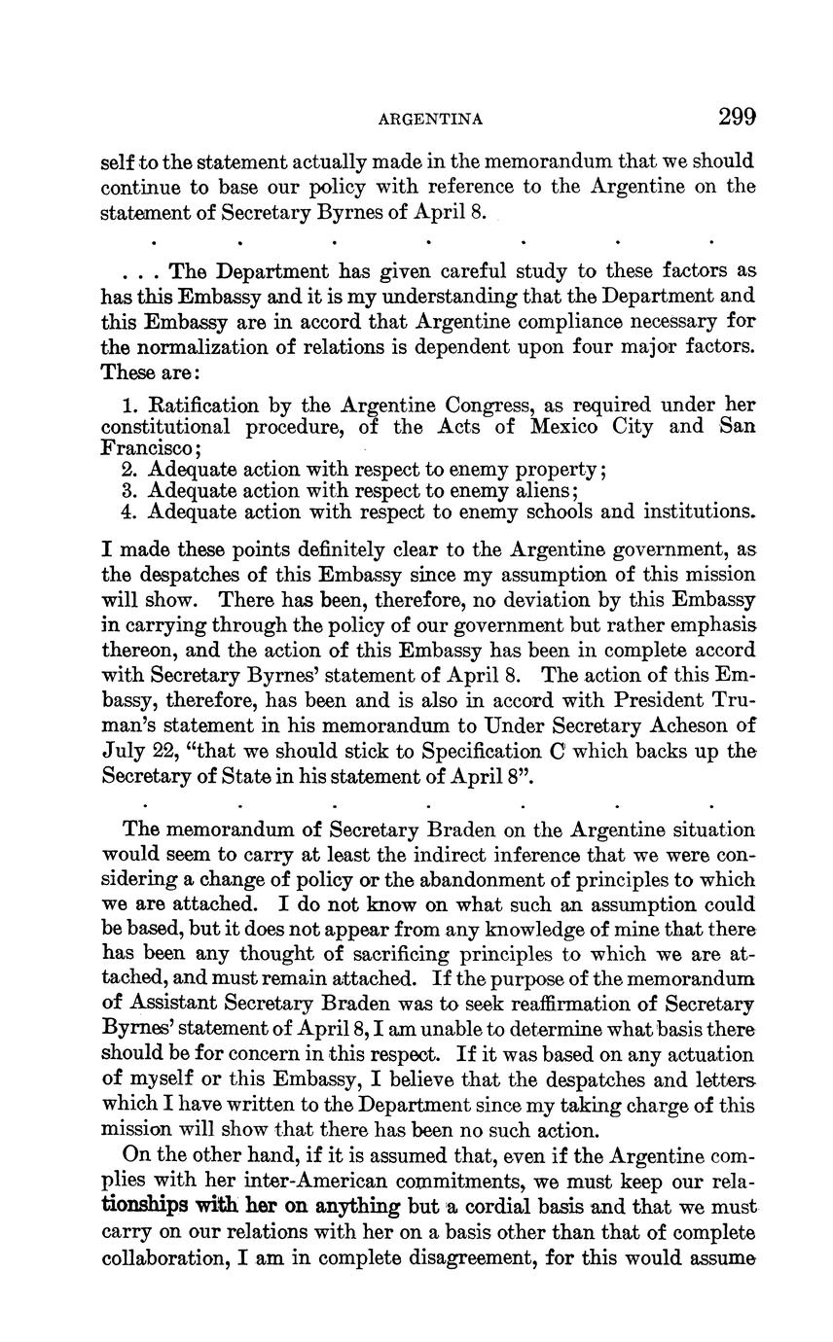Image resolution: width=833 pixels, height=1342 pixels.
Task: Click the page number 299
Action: tap(737, 118)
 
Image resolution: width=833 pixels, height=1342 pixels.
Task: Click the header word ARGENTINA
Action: tap(430, 120)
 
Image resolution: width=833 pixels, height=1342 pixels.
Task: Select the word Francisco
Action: tap(146, 448)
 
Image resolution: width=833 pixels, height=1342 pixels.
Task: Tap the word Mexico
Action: tap(565, 427)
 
